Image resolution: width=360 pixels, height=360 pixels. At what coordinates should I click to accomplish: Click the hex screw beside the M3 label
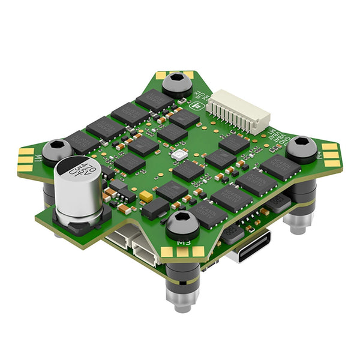pos(182,224)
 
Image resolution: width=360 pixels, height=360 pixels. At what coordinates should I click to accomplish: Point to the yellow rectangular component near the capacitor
pos(145,196)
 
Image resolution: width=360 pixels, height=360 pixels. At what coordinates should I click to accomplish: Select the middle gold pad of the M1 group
pos(25,160)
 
